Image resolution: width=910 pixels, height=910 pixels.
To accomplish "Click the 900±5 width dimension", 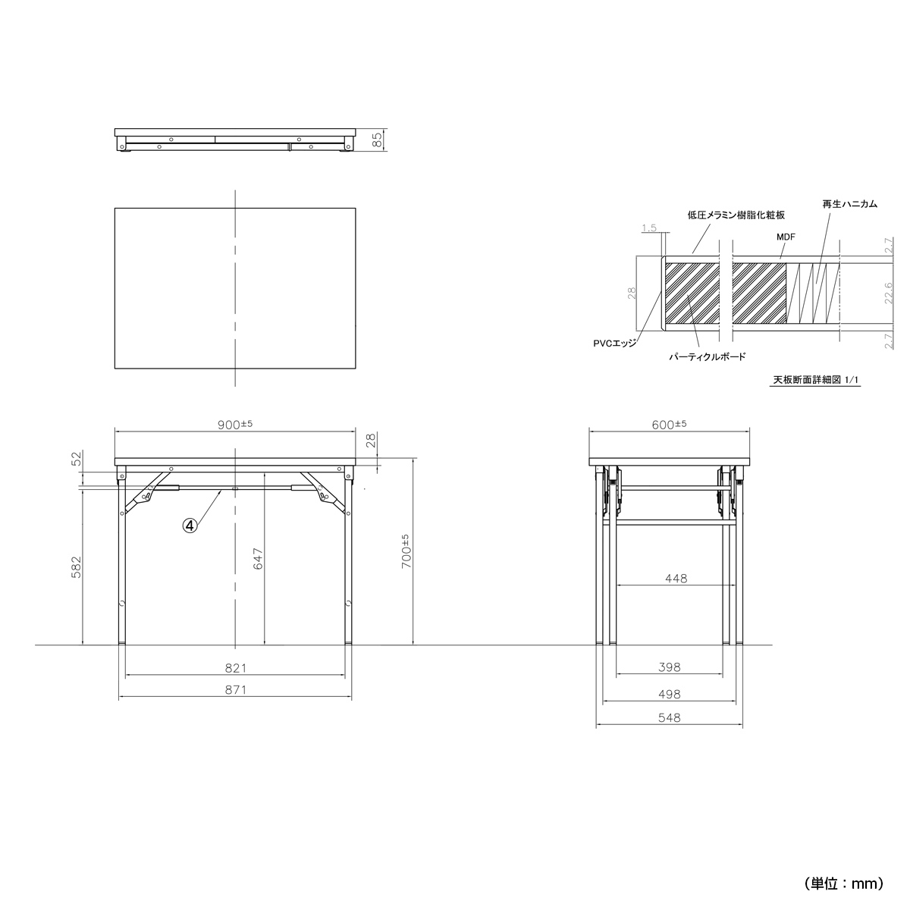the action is pyautogui.click(x=234, y=425).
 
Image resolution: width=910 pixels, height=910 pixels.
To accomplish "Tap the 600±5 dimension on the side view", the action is pyautogui.click(x=669, y=425).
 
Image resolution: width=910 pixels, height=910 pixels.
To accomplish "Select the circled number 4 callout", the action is pyautogui.click(x=190, y=525).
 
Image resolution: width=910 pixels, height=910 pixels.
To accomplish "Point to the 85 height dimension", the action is pyautogui.click(x=378, y=140).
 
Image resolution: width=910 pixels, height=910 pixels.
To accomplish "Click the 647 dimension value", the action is pyautogui.click(x=258, y=559).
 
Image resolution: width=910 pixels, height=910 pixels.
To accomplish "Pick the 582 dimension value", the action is pyautogui.click(x=76, y=567).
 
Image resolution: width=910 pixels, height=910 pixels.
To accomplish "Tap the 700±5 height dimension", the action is pyautogui.click(x=406, y=551).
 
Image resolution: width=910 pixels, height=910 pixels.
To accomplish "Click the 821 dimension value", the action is pyautogui.click(x=236, y=668).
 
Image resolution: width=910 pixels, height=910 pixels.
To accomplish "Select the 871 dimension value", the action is pyautogui.click(x=236, y=690).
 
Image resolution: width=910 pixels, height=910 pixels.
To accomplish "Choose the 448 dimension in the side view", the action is pyautogui.click(x=676, y=579).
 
